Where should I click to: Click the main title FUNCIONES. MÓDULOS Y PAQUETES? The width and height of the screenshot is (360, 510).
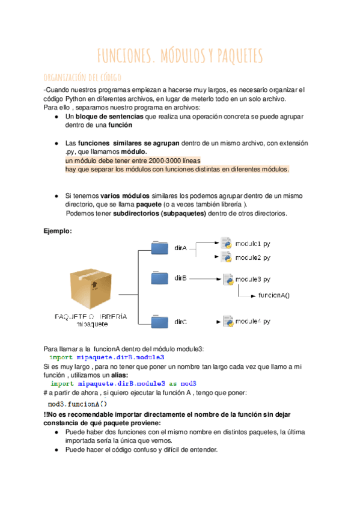click(x=180, y=56)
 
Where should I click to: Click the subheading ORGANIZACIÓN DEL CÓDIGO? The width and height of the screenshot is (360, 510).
click(x=83, y=77)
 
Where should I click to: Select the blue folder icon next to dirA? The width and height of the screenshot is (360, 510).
click(x=160, y=248)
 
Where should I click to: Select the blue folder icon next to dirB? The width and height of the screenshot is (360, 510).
click(x=160, y=278)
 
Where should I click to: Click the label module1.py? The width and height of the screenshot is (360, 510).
click(x=252, y=244)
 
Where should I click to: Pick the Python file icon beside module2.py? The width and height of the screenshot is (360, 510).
click(x=227, y=257)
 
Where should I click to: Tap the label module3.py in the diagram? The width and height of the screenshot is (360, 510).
click(x=252, y=279)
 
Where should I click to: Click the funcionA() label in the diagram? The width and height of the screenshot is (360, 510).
click(x=273, y=295)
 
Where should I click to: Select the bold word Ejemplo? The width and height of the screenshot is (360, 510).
click(x=58, y=231)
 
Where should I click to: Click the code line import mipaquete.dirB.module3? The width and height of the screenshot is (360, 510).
click(x=106, y=357)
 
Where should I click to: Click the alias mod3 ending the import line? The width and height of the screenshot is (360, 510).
click(x=189, y=383)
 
